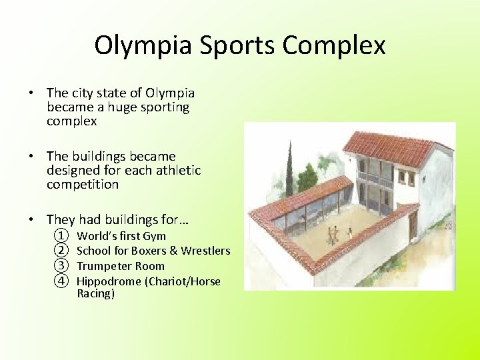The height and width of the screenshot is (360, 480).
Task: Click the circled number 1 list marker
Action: point(61,236)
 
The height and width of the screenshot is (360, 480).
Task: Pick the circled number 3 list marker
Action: point(61,266)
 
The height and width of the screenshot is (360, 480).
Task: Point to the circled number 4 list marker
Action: point(61,281)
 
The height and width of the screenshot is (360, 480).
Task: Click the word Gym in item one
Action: point(155,236)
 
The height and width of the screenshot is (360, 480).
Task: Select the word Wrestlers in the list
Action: point(205,251)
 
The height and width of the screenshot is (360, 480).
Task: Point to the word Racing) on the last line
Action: point(95,293)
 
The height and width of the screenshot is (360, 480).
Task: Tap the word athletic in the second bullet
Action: point(178,171)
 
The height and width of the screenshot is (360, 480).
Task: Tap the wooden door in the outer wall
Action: point(413,226)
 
